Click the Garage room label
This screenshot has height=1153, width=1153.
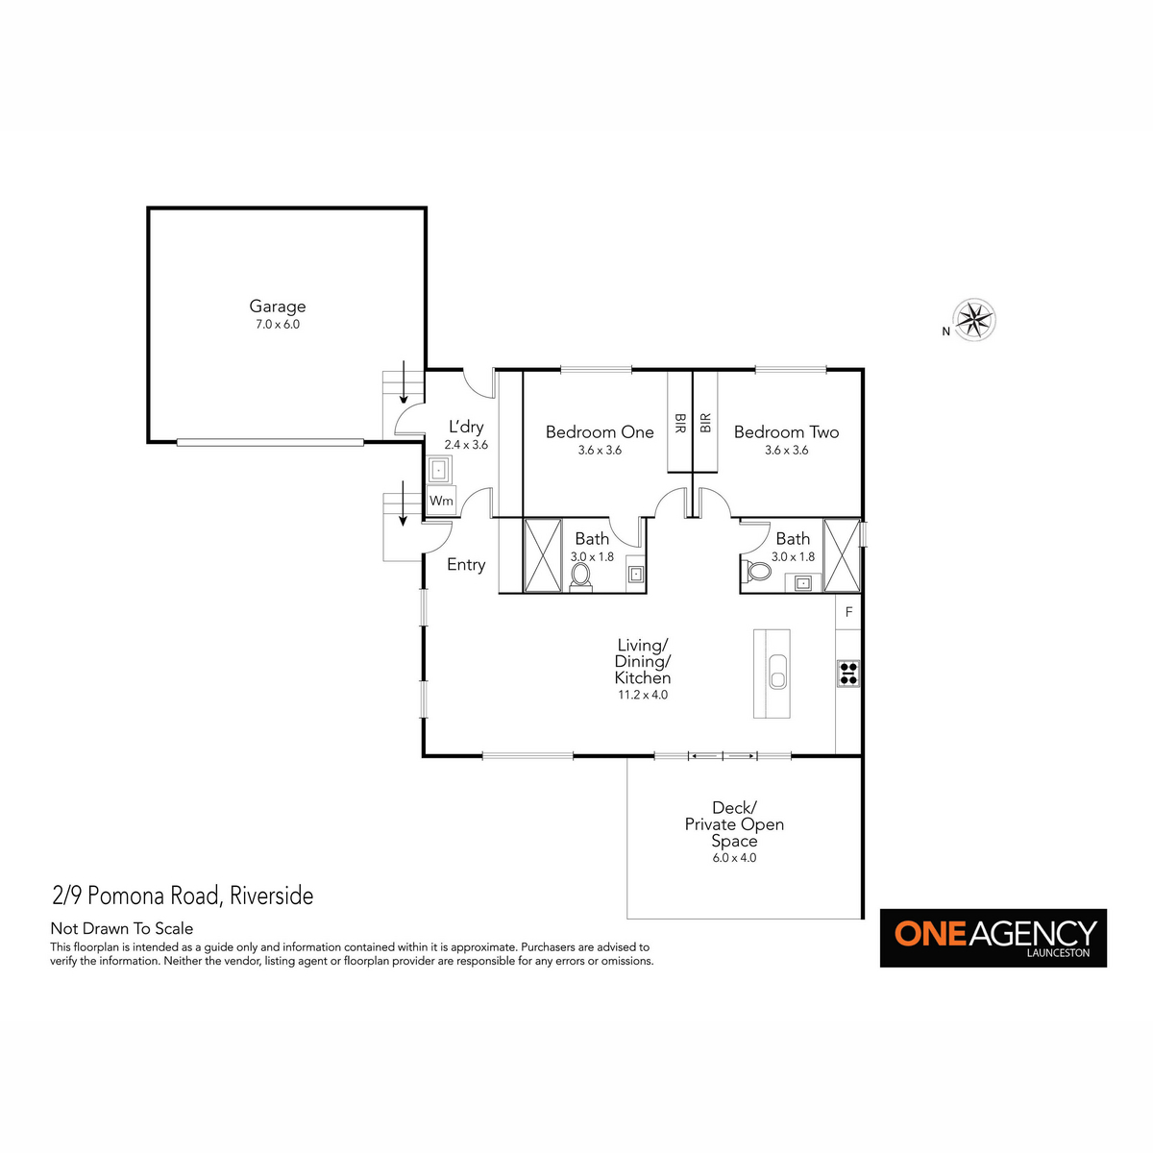pyautogui.click(x=277, y=306)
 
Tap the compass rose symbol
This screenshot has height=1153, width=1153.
pyautogui.click(x=973, y=320)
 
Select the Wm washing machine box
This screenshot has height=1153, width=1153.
pyautogui.click(x=442, y=501)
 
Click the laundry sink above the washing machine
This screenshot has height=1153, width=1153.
pyautogui.click(x=440, y=470)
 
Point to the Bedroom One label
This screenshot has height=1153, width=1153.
pyautogui.click(x=600, y=431)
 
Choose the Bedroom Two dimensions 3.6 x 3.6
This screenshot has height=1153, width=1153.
pyautogui.click(x=786, y=450)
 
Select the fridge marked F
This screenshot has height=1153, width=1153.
pyautogui.click(x=848, y=611)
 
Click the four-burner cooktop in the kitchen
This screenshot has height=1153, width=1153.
pyautogui.click(x=847, y=674)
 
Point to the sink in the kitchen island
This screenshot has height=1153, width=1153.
pyautogui.click(x=777, y=672)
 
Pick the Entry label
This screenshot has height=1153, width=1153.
pyautogui.click(x=466, y=565)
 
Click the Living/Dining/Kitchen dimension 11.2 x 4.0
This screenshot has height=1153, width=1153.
pyautogui.click(x=643, y=695)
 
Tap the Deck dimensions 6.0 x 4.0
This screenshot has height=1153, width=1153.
pyautogui.click(x=734, y=857)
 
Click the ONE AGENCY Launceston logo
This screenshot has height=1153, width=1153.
pyautogui.click(x=993, y=938)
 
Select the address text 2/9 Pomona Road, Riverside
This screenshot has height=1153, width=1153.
pyautogui.click(x=183, y=895)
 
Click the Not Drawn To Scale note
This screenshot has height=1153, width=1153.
pyautogui.click(x=122, y=928)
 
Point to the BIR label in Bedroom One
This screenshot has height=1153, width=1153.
pyautogui.click(x=679, y=423)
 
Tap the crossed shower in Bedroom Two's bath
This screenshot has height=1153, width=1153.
pyautogui.click(x=842, y=556)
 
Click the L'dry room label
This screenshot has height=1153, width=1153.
pyautogui.click(x=466, y=427)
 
